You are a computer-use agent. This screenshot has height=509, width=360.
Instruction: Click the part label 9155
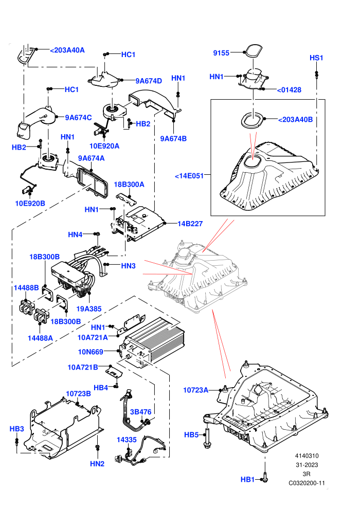(x=221, y=53)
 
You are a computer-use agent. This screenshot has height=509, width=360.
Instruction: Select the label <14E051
(x=189, y=176)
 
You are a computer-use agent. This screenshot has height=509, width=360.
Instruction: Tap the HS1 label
(x=316, y=58)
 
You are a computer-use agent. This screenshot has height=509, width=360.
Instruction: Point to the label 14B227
(x=190, y=224)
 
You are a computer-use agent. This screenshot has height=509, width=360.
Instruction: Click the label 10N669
(x=91, y=352)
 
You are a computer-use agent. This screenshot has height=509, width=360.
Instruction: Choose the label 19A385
(x=89, y=309)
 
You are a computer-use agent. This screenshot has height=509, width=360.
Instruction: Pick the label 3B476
(x=140, y=412)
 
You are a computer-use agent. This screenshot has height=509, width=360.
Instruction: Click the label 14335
(x=127, y=440)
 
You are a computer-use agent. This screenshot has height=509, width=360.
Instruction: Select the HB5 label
(x=191, y=434)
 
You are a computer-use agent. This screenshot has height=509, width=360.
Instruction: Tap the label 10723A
(x=196, y=390)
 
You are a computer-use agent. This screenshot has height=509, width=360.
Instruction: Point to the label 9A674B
(x=173, y=139)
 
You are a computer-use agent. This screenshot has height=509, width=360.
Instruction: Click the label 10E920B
(x=30, y=204)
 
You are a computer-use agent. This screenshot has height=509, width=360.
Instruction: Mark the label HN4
(x=75, y=234)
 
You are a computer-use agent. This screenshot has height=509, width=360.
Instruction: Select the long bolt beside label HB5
(x=207, y=438)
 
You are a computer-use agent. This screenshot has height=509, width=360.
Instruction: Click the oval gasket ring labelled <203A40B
(x=253, y=120)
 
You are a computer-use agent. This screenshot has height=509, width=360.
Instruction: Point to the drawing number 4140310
(x=307, y=456)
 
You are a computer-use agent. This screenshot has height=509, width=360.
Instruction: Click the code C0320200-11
(x=307, y=483)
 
